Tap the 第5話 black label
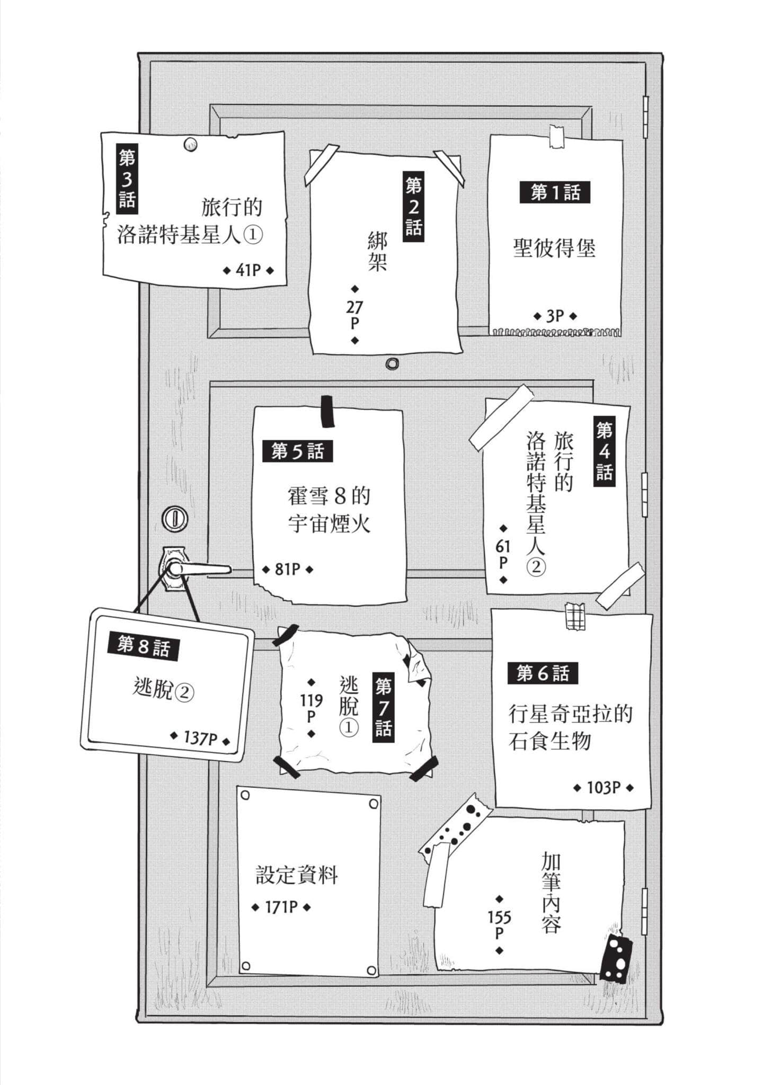pyautogui.click(x=297, y=451)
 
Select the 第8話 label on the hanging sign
pyautogui.click(x=144, y=646)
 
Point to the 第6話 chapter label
pyautogui.click(x=543, y=673)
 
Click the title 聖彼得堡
pyautogui.click(x=554, y=248)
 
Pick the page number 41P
pyautogui.click(x=249, y=270)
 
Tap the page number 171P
pyautogui.click(x=281, y=907)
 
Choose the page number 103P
pyautogui.click(x=604, y=788)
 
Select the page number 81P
pyautogui.click(x=288, y=569)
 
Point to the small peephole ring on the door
pyautogui.click(x=392, y=363)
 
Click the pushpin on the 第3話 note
pyautogui.click(x=190, y=144)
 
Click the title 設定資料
pyautogui.click(x=297, y=875)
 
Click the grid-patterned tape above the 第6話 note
pyautogui.click(x=575, y=616)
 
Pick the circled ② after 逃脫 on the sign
pyautogui.click(x=184, y=692)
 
